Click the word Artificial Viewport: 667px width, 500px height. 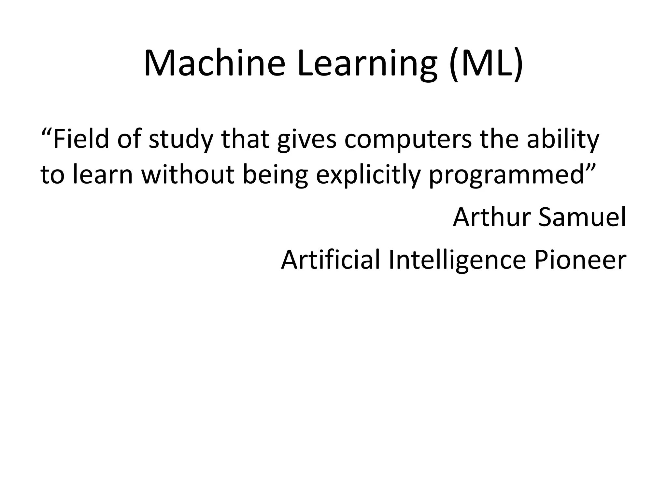pos(330,259)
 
